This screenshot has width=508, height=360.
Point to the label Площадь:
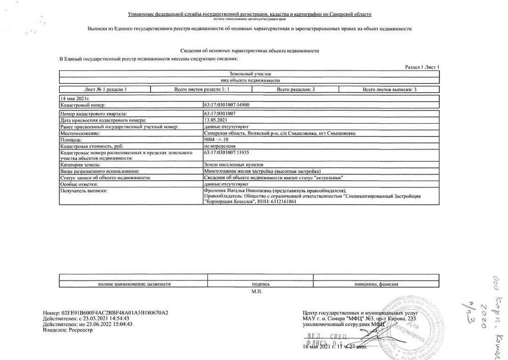71,140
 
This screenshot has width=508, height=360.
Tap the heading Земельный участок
249,74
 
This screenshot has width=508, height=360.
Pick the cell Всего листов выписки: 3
389,89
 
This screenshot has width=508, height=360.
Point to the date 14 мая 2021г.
75,98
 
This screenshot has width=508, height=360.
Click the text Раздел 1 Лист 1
422,67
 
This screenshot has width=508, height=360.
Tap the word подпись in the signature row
261,284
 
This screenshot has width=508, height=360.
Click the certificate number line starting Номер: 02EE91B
105,312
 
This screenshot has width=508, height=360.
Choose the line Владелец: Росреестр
68,330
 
